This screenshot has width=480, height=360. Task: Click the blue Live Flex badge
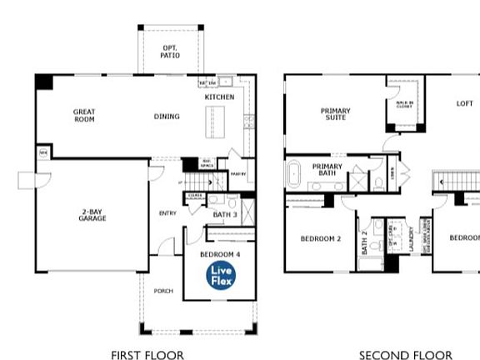pyautogui.click(x=222, y=274)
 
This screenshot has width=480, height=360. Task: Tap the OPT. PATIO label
pyautogui.click(x=170, y=52)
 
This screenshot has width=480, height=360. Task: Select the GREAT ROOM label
pyautogui.click(x=84, y=115)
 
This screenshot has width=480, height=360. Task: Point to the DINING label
pyautogui.click(x=167, y=116)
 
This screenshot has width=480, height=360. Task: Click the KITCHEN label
pyautogui.click(x=219, y=97)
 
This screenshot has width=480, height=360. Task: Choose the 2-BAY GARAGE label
pyautogui.click(x=93, y=215)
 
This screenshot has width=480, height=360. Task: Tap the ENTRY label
pyautogui.click(x=167, y=213)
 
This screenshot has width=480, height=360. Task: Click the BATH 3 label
pyautogui.click(x=225, y=215)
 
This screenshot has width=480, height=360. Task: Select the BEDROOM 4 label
pyautogui.click(x=220, y=253)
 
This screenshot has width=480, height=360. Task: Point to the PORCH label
pyautogui.click(x=162, y=291)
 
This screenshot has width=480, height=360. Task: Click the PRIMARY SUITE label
pyautogui.click(x=336, y=114)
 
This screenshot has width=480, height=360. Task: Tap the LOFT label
pyautogui.click(x=464, y=104)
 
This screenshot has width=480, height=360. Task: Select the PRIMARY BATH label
pyautogui.click(x=327, y=170)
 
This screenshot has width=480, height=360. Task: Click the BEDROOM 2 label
pyautogui.click(x=321, y=238)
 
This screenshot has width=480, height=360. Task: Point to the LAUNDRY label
pyautogui.click(x=412, y=238)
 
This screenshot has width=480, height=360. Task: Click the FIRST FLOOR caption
pyautogui.click(x=147, y=355)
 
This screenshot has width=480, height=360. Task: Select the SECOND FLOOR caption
pyautogui.click(x=407, y=355)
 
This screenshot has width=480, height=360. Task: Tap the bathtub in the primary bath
pyautogui.click(x=295, y=176)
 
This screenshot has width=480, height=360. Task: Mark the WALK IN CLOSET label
pyautogui.click(x=404, y=105)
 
